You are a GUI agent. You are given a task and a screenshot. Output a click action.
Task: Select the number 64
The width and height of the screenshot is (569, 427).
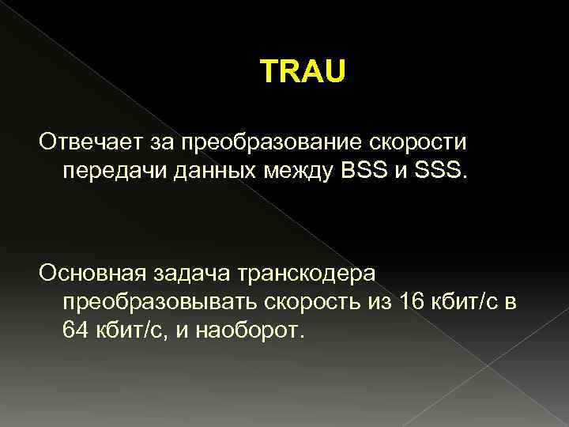(76, 331)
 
